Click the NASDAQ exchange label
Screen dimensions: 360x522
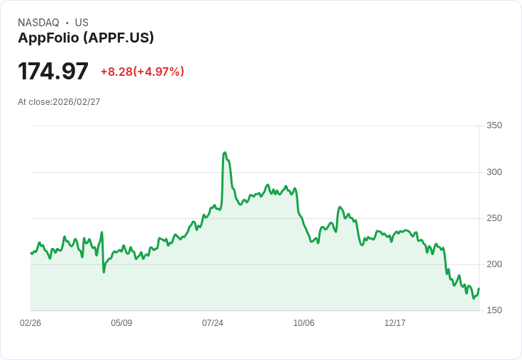38,23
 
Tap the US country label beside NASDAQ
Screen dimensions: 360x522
82,23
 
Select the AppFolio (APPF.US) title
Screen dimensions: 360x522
86,38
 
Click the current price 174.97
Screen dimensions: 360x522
53,72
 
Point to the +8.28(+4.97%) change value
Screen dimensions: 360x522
142,72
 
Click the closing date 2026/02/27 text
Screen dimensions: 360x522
76,102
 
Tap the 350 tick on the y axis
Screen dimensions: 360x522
494,125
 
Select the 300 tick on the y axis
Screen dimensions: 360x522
494,172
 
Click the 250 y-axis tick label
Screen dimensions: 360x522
494,218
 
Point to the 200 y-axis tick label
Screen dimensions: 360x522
494,264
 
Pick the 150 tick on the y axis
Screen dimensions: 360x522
494,310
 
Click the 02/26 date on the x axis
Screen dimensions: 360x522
30,323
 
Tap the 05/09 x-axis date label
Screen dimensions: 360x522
121,323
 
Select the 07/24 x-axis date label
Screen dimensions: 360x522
213,323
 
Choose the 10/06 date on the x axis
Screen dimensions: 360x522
304,323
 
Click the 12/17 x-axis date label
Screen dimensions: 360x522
395,323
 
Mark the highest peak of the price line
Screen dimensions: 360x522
225,152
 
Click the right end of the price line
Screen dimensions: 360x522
479,288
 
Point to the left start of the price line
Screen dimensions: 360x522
31,253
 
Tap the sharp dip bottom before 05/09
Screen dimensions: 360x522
104,271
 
